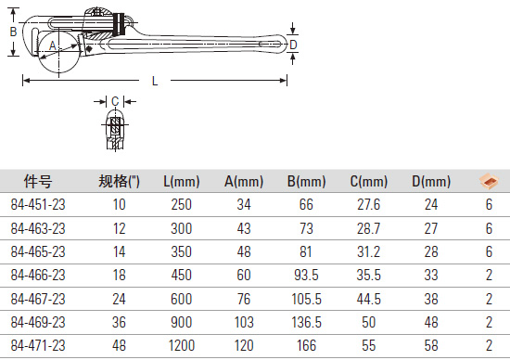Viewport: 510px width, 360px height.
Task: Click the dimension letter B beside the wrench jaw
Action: coord(13,32)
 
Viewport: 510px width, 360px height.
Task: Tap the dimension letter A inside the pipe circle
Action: coord(53,45)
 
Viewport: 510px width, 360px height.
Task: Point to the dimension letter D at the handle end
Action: coord(293,45)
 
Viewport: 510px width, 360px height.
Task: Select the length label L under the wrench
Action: coord(155,81)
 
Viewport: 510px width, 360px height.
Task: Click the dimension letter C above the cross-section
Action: coord(115,101)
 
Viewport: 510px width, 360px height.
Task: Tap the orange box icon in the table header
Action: coord(489,181)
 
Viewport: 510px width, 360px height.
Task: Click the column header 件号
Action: coord(38,181)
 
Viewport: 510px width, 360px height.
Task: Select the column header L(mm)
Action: coord(181,181)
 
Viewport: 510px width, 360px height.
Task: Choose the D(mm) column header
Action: coord(431,181)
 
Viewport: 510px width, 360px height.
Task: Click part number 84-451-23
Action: coord(38,205)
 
